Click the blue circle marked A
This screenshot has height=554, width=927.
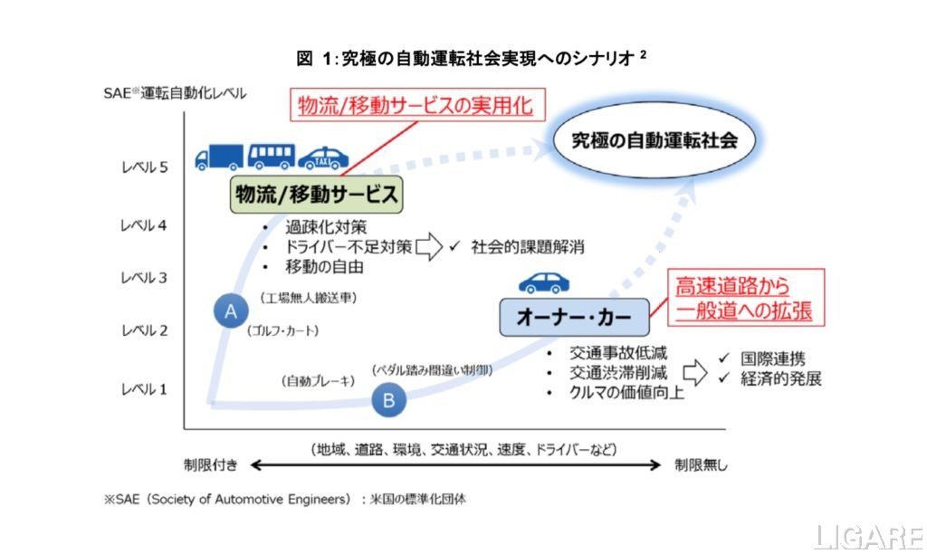(231, 310)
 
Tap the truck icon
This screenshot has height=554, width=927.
(219, 158)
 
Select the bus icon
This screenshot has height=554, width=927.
(271, 157)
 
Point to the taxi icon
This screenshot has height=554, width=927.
(323, 158)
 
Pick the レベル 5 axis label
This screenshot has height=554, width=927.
(145, 167)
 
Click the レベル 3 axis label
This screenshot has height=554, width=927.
(145, 278)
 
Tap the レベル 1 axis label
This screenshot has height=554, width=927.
(145, 389)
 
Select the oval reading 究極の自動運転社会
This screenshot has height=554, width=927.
(655, 140)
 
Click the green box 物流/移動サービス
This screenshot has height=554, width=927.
(316, 194)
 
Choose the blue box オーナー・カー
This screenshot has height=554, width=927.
(575, 317)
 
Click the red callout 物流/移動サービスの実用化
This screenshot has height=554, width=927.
(418, 106)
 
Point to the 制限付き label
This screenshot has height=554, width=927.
(211, 465)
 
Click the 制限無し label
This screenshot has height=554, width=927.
(701, 465)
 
